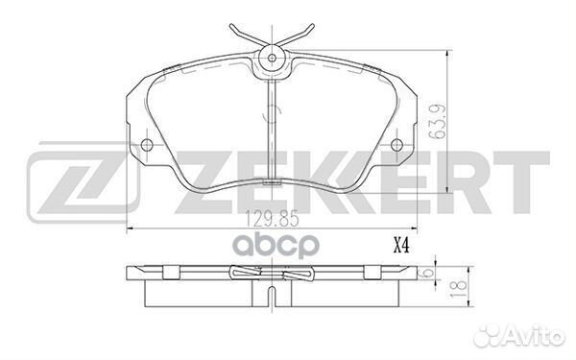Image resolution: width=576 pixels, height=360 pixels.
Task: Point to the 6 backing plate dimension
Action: pos(427,273)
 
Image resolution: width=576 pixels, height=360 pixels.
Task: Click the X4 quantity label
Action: pos(401,246)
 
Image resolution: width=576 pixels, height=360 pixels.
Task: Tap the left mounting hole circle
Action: pos(147,144)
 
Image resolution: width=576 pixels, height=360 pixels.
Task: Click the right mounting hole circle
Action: pos(396,144)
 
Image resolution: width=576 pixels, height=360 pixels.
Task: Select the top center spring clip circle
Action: pos(272,58)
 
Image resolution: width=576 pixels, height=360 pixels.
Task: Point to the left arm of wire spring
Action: pos(246,36)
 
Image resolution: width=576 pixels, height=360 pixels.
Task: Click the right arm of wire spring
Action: pos(296,36)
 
